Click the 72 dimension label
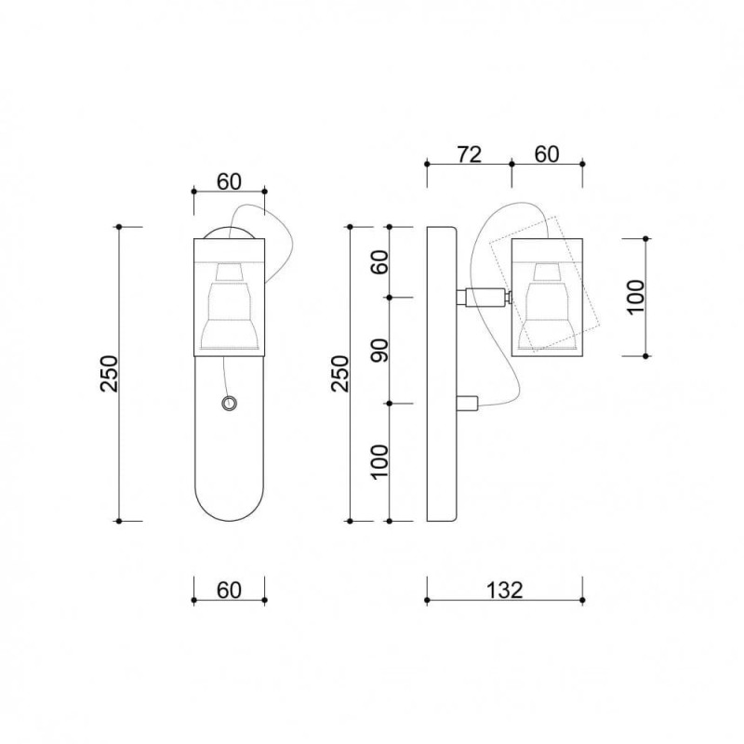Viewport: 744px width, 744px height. coord(469,154)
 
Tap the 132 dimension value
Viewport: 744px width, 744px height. coord(505,590)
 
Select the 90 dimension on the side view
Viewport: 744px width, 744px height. coord(379,351)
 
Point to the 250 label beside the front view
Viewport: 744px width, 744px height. coord(109,374)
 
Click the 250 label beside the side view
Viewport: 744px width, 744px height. coord(339,374)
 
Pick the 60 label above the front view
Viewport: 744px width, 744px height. coord(229,181)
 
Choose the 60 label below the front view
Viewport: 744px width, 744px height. coord(229,590)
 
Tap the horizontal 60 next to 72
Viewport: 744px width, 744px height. coord(547,154)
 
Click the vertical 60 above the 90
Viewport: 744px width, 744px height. coord(379,262)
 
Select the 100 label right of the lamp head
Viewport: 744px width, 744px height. coord(636,297)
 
